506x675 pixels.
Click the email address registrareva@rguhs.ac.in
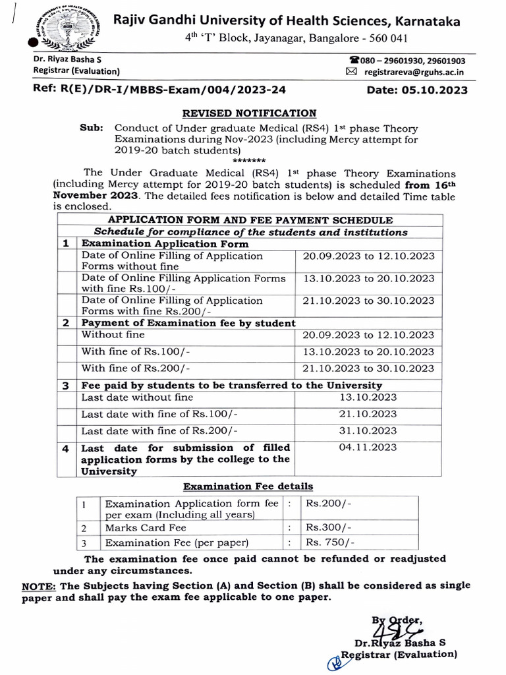point(413,71)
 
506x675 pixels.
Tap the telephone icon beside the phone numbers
point(354,61)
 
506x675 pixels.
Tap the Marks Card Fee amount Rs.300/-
point(329,528)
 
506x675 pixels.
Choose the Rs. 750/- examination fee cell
point(329,543)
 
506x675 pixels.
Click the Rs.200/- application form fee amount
point(328,504)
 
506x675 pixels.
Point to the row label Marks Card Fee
point(146,528)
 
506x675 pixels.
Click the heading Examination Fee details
point(248,486)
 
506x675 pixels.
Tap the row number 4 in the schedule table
point(65,448)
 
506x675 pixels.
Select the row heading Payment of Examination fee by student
point(188,323)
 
